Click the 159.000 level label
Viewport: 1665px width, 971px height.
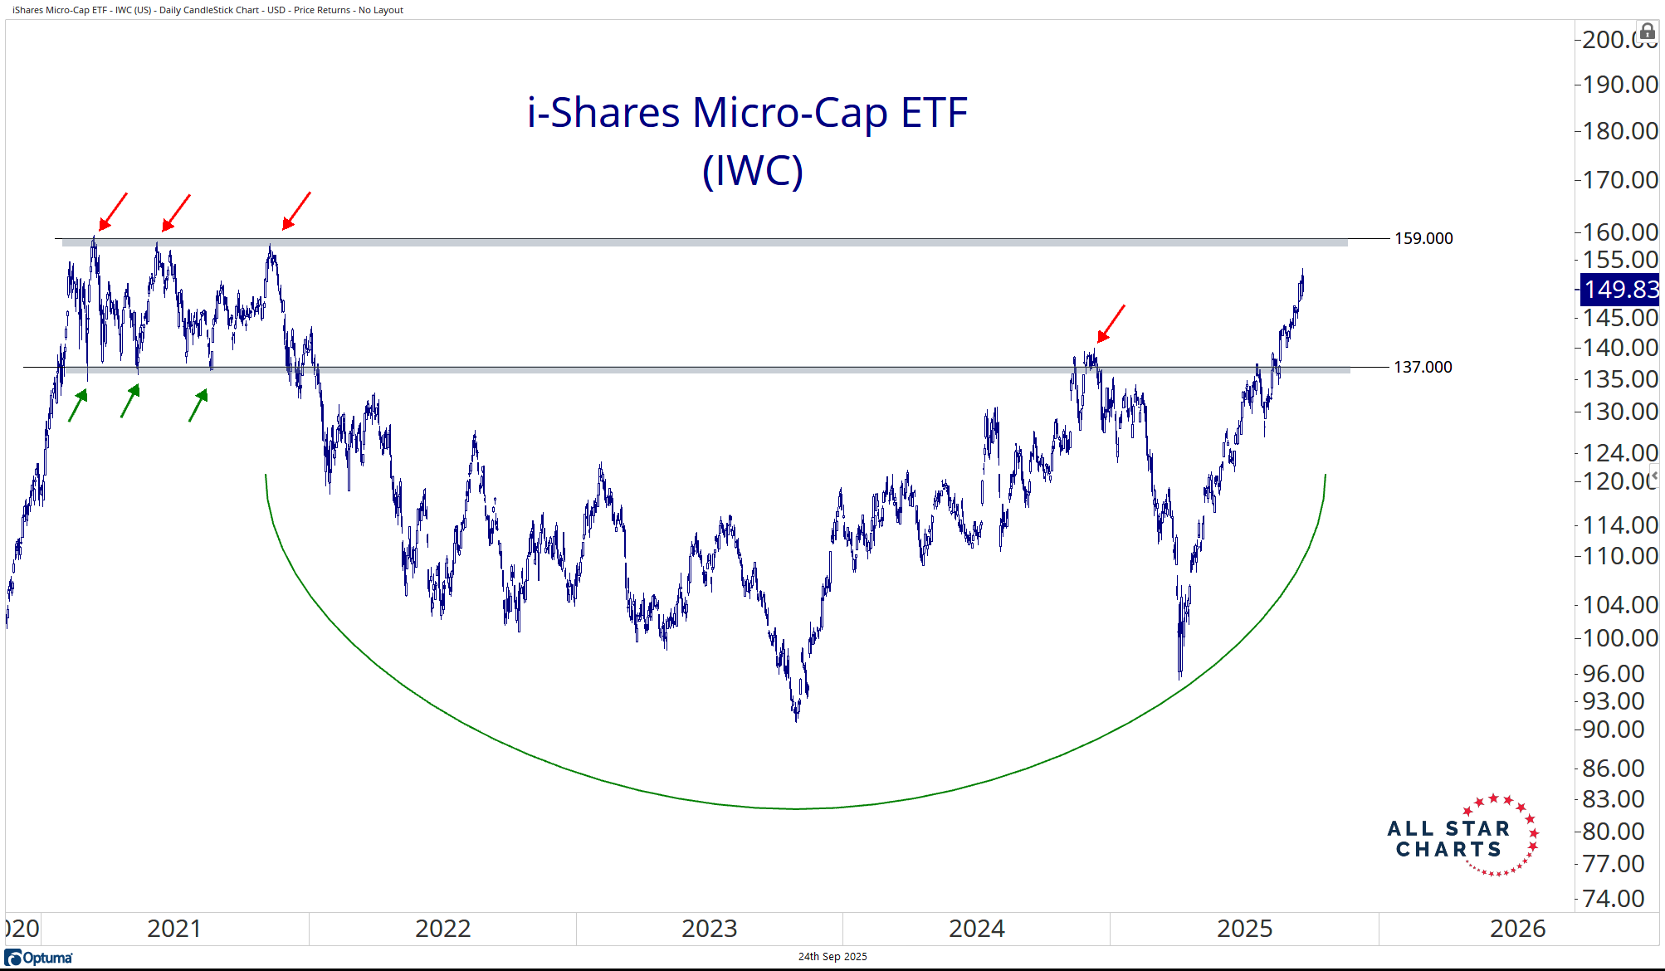coord(1423,239)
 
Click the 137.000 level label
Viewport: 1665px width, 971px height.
coord(1422,367)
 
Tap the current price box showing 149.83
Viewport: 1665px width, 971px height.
coord(1619,290)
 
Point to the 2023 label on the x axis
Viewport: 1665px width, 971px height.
coord(709,929)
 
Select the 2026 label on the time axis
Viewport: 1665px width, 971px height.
coord(1517,929)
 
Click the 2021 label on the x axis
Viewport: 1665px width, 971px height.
coord(173,929)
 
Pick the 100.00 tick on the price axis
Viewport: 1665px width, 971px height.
coord(1619,638)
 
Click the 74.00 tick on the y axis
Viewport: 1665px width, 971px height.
coord(1613,899)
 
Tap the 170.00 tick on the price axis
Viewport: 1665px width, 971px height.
coord(1619,180)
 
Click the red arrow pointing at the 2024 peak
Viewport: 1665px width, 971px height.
coord(1111,324)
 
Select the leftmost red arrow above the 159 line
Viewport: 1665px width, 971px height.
coord(113,212)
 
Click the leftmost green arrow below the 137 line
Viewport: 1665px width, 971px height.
coord(77,406)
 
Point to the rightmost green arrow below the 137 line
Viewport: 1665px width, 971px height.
coord(198,405)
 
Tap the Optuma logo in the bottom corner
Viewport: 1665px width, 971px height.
coord(39,958)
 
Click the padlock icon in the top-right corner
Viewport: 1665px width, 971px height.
coord(1647,32)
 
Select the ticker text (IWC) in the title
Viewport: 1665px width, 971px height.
coord(752,171)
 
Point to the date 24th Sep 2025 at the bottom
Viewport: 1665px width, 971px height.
coord(832,957)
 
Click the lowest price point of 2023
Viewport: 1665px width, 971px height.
coord(796,719)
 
